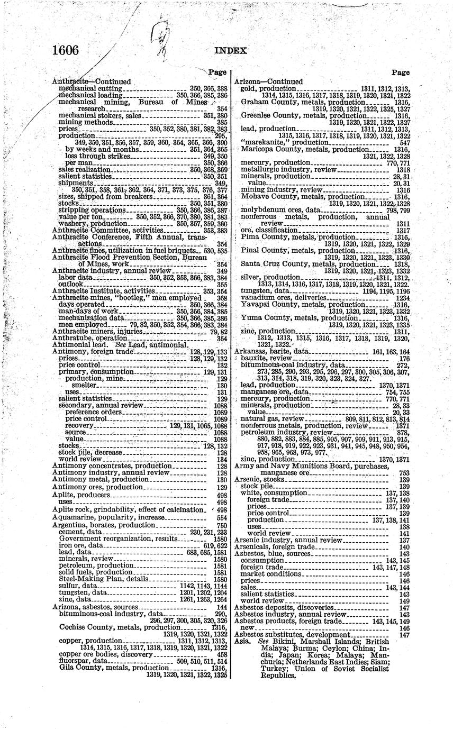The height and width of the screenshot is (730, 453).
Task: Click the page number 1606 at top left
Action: [66, 50]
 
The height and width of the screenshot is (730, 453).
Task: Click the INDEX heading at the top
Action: [230, 51]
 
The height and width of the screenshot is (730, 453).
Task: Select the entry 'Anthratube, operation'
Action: [89, 339]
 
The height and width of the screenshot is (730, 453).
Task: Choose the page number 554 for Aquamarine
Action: [222, 517]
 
